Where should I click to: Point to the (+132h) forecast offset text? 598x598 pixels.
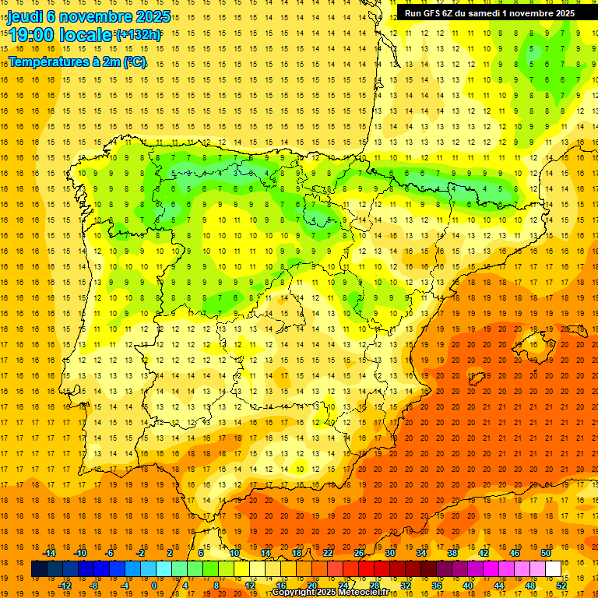pyautogui.click(x=139, y=34)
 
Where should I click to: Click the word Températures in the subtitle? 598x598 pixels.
pyautogui.click(x=51, y=62)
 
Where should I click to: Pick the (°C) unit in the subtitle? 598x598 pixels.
pyautogui.click(x=134, y=62)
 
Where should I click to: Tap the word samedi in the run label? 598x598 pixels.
pyautogui.click(x=484, y=12)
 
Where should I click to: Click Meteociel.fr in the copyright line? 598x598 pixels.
pyautogui.click(x=359, y=593)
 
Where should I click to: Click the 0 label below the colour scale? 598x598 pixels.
pyautogui.click(x=154, y=586)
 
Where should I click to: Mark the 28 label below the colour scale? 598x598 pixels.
pyautogui.click(x=374, y=586)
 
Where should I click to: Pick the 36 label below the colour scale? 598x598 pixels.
pyautogui.click(x=436, y=586)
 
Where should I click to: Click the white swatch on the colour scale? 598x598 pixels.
pyautogui.click(x=553, y=569)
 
